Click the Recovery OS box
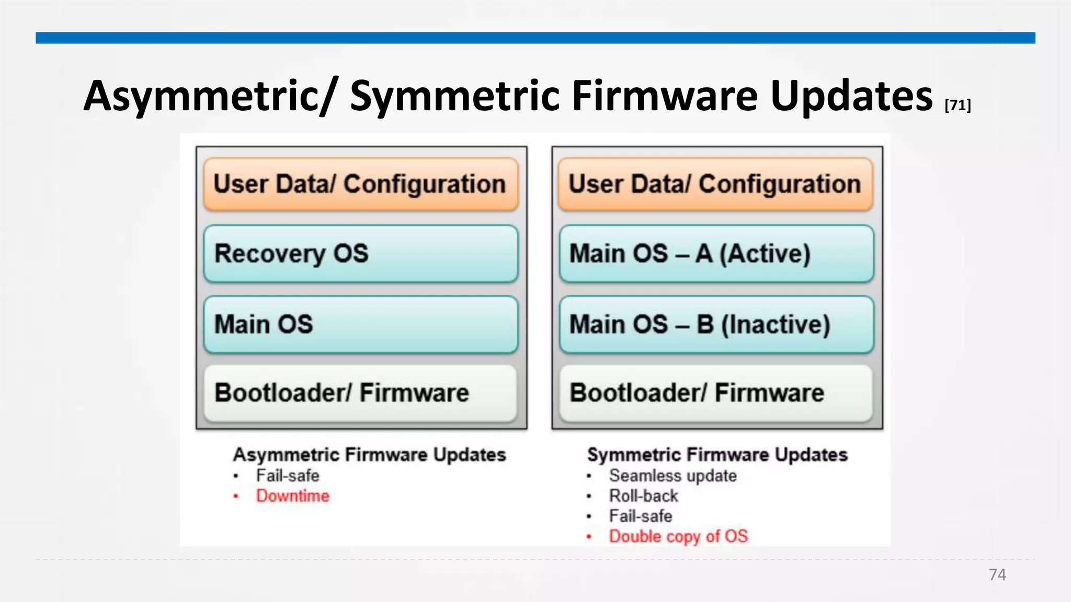361,254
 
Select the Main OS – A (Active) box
716,254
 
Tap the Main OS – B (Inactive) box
716,325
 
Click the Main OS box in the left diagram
361,325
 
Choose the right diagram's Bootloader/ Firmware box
716,393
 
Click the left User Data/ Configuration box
361,184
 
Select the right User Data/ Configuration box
716,184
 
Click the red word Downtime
292,496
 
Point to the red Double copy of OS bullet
678,537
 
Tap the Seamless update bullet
673,476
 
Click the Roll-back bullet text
643,496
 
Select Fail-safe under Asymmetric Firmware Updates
287,476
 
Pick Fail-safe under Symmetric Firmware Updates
640,516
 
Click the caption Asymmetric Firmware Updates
369,455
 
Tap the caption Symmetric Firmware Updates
717,455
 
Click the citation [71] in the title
958,106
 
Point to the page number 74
997,575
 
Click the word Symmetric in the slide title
455,97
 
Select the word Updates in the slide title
851,97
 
